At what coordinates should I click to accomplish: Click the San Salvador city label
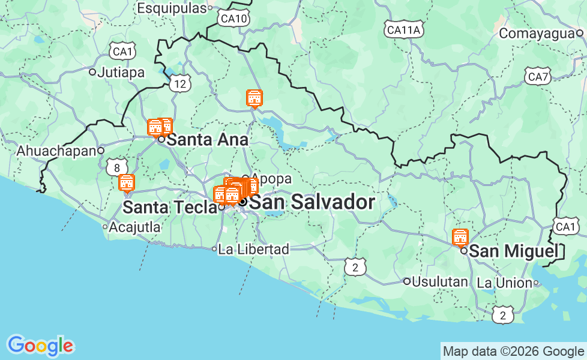[x=312, y=203]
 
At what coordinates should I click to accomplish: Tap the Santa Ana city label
[x=207, y=140]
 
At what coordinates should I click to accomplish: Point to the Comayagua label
[x=537, y=34]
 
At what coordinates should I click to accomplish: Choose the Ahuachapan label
[x=57, y=151]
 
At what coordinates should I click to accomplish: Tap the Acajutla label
[x=135, y=227]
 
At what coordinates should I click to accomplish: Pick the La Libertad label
[x=253, y=249]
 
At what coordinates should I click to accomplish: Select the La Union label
[x=505, y=283]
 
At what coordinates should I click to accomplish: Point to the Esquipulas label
[x=172, y=8]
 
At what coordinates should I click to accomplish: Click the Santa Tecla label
[x=170, y=208]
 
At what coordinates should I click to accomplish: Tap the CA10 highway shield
[x=234, y=19]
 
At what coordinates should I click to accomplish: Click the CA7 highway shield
[x=537, y=77]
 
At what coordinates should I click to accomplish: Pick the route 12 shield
[x=181, y=84]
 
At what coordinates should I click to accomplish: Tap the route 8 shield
[x=116, y=167]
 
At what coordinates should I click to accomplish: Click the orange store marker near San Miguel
[x=460, y=238]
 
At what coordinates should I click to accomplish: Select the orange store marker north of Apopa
[x=254, y=98]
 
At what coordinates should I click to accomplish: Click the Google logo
[x=40, y=346]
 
